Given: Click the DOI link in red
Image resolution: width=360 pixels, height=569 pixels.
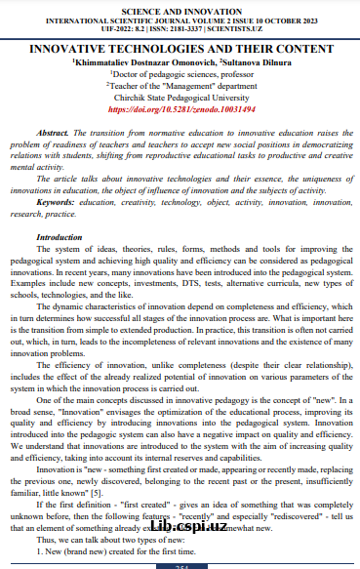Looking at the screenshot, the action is pyautogui.click(x=180, y=110).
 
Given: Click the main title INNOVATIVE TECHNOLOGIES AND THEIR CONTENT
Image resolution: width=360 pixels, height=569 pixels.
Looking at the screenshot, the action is pyautogui.click(x=180, y=48).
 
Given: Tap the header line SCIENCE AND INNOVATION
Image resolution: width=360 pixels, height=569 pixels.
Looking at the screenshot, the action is pyautogui.click(x=180, y=7).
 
